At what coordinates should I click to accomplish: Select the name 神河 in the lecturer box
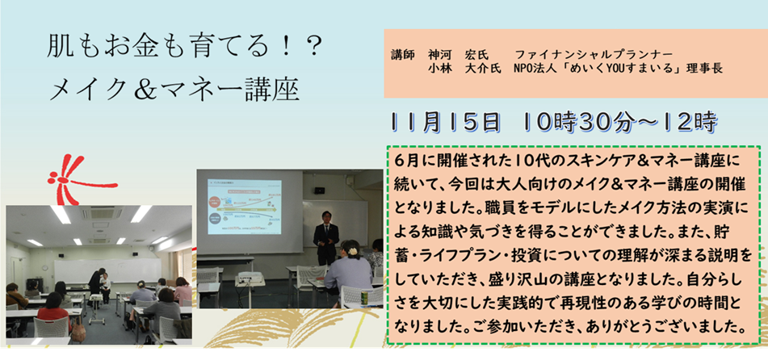coord(439,54)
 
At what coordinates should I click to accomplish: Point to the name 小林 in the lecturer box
coord(439,69)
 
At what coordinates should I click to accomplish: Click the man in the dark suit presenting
coord(326,237)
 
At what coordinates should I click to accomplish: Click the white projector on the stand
coord(250,281)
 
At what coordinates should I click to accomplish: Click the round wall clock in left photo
coord(44,269)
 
